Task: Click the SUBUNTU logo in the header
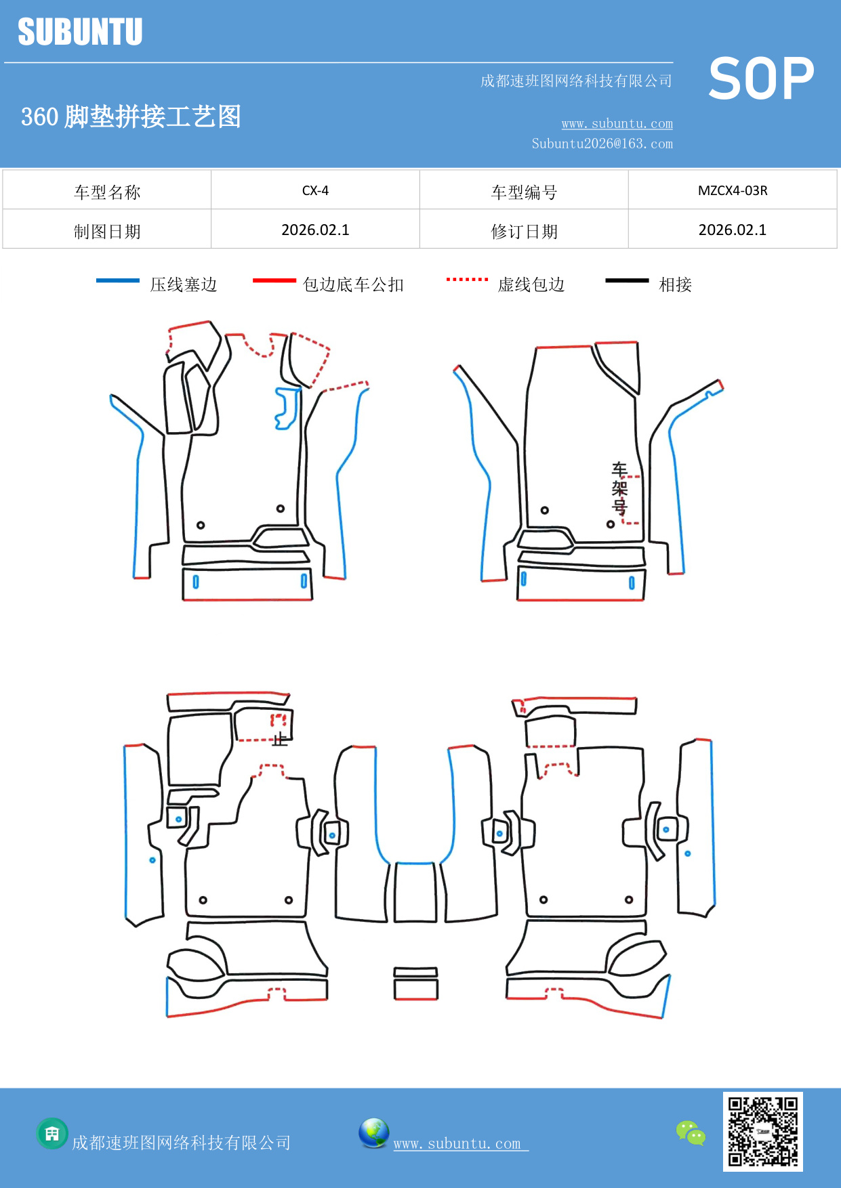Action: (x=80, y=32)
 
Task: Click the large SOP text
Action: (x=760, y=79)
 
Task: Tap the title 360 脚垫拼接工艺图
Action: (x=131, y=116)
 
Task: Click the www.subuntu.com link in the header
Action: (x=617, y=123)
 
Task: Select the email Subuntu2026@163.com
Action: (x=602, y=144)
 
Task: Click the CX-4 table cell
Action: (x=315, y=190)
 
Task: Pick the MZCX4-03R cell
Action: (x=732, y=190)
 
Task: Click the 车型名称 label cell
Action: (x=107, y=192)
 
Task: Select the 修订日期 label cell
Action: (x=524, y=231)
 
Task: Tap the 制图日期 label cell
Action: (x=107, y=231)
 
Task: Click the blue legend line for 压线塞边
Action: (x=118, y=280)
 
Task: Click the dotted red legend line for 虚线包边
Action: (x=467, y=279)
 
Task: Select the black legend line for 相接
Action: (x=627, y=280)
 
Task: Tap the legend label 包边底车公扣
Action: (x=353, y=284)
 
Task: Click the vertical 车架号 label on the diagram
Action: (x=619, y=488)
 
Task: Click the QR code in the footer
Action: (x=762, y=1131)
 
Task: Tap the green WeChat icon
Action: (x=691, y=1133)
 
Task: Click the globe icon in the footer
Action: (x=373, y=1133)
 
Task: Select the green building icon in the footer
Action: (x=52, y=1133)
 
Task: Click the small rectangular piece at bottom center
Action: (x=415, y=984)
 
